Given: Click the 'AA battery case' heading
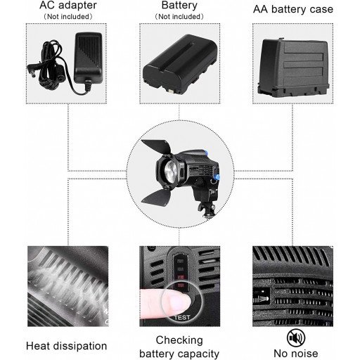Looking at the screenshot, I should [x=293, y=9].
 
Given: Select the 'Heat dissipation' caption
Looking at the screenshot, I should [x=66, y=345].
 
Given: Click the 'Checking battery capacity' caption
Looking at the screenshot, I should [x=179, y=346].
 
